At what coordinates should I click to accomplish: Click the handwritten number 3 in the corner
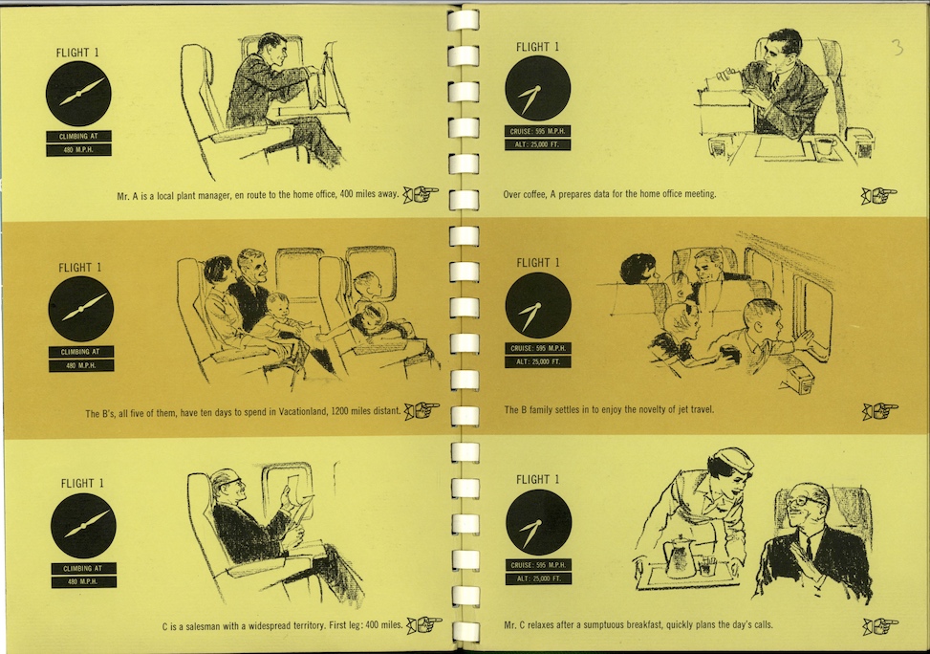coord(898,47)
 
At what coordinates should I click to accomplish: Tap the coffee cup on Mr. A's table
coord(825,145)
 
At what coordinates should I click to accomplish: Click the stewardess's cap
coord(734,459)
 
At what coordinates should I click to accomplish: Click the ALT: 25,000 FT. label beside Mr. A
coord(537,144)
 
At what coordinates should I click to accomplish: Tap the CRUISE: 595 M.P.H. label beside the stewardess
coord(538,565)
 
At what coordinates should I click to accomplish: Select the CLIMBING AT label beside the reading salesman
coord(83,569)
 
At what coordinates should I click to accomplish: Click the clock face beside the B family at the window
coord(537,305)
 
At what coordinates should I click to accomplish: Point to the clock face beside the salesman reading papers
coord(83,525)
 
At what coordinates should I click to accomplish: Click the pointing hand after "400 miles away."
coord(421,193)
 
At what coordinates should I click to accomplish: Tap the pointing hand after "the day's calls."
coord(880,625)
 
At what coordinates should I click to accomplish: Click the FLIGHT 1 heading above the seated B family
coord(79,268)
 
